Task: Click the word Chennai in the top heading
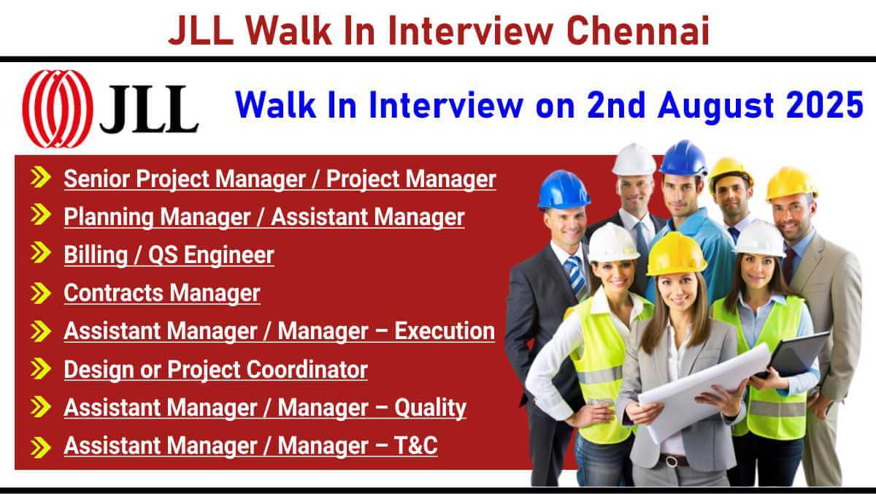coord(637,31)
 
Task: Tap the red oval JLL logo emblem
coord(58,109)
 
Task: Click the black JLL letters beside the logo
coord(149,108)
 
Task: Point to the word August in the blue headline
coord(715,107)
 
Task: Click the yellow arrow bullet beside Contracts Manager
coord(40,293)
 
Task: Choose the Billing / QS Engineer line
coord(169,255)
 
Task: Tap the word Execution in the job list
coord(445,331)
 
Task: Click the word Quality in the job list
coord(430,408)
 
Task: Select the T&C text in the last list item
coord(415,446)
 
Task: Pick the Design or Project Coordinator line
coord(216,370)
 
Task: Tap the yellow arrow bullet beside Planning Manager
coord(40,215)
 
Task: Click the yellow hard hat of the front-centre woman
coord(676,254)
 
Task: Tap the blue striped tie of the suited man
coord(575,274)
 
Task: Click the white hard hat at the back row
coord(634,160)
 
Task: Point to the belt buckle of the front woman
coord(672,460)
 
